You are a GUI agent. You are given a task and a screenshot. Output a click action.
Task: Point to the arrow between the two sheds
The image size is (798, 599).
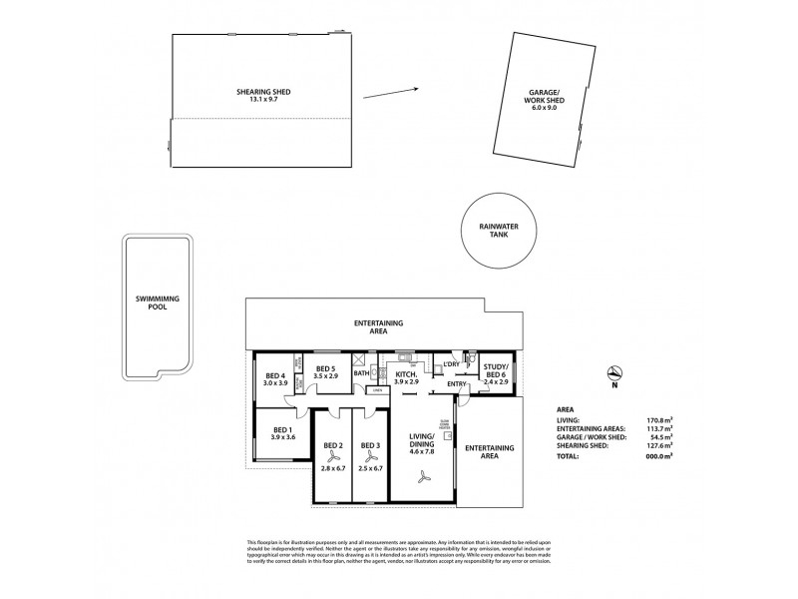tap(390, 93)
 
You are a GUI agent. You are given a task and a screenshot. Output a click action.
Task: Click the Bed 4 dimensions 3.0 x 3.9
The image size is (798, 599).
tap(274, 383)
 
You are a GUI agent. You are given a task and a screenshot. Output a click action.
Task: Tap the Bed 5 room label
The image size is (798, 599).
tap(326, 369)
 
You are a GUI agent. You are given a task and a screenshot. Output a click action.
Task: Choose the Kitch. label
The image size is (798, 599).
tap(405, 375)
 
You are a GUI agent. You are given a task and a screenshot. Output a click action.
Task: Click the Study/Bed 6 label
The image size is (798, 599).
tap(495, 370)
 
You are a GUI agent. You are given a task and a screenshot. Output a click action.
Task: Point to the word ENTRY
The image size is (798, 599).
tap(458, 385)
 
